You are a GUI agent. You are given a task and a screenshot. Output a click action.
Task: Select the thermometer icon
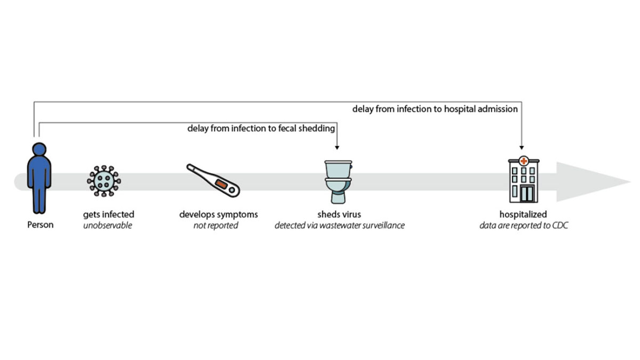(213, 180)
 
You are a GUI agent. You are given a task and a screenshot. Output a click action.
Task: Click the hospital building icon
(523, 180)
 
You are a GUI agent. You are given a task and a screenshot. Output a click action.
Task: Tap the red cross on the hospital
(524, 161)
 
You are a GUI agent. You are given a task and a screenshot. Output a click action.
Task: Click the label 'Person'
(41, 225)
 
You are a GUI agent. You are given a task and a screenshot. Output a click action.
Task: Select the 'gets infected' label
(109, 214)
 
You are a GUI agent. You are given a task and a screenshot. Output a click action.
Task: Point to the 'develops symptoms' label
(219, 214)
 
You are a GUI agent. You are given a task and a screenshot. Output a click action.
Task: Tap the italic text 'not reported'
(215, 226)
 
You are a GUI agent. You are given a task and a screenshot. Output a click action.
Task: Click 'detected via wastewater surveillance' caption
(339, 226)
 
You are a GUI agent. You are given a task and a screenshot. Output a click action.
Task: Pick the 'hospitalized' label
(523, 214)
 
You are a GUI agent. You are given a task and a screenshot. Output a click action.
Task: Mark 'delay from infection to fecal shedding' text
(261, 129)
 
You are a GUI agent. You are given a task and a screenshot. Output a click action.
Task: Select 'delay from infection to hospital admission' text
(435, 109)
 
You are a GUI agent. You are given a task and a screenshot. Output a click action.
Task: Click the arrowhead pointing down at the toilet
(338, 148)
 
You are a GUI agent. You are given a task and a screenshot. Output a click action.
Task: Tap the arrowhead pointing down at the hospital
(521, 148)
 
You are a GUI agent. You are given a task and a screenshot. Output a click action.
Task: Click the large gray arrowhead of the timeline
(592, 181)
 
